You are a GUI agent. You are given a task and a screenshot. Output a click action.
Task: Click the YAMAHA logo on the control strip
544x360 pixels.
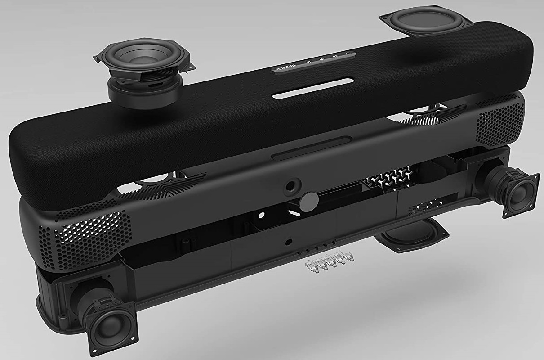coord(286,68)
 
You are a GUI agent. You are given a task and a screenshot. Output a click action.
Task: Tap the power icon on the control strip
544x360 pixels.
coord(348,54)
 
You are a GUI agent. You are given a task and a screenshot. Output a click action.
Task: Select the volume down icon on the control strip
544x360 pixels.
coord(321,59)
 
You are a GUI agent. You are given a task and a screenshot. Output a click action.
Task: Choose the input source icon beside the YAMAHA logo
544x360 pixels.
coord(309,62)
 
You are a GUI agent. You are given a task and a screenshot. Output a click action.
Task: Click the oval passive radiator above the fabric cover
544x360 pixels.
coord(427,21)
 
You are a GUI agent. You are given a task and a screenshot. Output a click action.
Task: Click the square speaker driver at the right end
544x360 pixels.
coord(520,195)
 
